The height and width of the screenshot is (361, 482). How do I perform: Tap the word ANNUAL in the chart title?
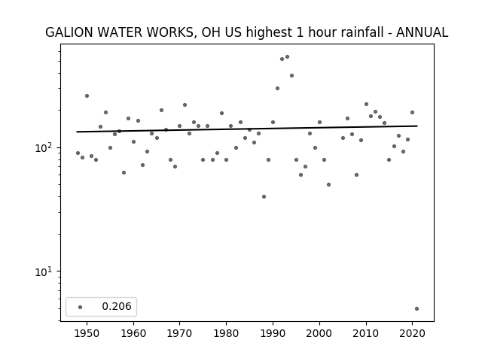(x=422, y=32)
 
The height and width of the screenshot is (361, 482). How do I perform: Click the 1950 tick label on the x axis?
(x=87, y=333)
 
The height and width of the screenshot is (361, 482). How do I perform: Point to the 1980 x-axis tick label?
(x=226, y=333)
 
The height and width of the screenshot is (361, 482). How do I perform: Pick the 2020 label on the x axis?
(x=412, y=333)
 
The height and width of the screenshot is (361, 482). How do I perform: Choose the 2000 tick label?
(x=319, y=333)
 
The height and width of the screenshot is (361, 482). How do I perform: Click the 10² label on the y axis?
(x=44, y=147)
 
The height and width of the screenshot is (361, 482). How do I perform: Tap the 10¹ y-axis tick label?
(x=44, y=272)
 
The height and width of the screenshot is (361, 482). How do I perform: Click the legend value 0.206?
(x=117, y=306)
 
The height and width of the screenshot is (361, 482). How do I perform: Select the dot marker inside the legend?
(x=81, y=307)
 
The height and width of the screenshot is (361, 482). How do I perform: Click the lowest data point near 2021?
(x=416, y=309)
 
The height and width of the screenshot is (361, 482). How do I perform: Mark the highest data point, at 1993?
(x=287, y=57)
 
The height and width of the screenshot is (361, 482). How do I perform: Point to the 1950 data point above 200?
(x=87, y=96)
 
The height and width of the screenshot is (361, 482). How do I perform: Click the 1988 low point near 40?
(x=264, y=197)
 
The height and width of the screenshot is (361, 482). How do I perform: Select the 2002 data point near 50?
(x=328, y=185)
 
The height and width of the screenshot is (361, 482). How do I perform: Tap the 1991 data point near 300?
(x=277, y=89)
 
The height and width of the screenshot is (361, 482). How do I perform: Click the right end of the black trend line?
(x=417, y=126)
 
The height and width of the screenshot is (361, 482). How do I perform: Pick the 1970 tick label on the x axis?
(x=179, y=333)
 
